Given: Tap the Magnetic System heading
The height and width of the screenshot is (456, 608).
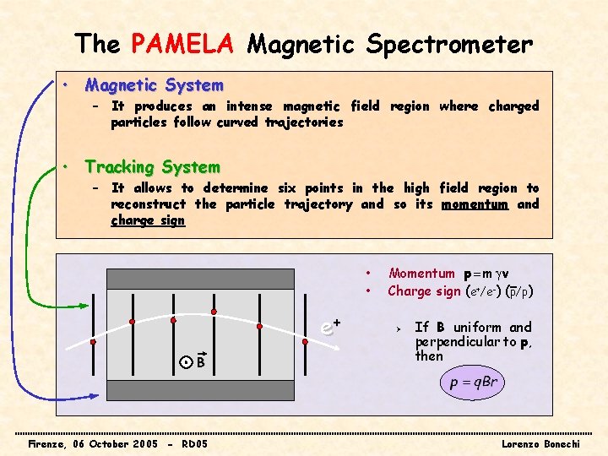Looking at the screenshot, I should point(154,85).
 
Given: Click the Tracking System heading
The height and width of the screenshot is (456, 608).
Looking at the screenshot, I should point(152,167).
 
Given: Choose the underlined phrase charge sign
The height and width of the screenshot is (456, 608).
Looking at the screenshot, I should point(148,220).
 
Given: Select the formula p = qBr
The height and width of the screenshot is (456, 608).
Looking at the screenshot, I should point(474,383).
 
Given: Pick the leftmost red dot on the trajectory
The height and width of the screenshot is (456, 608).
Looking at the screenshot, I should point(93,342).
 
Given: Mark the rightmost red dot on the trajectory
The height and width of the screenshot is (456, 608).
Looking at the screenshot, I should point(305,342).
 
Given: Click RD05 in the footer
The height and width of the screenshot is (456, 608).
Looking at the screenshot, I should point(194,443).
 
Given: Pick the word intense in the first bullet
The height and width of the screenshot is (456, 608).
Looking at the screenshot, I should point(250,106).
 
